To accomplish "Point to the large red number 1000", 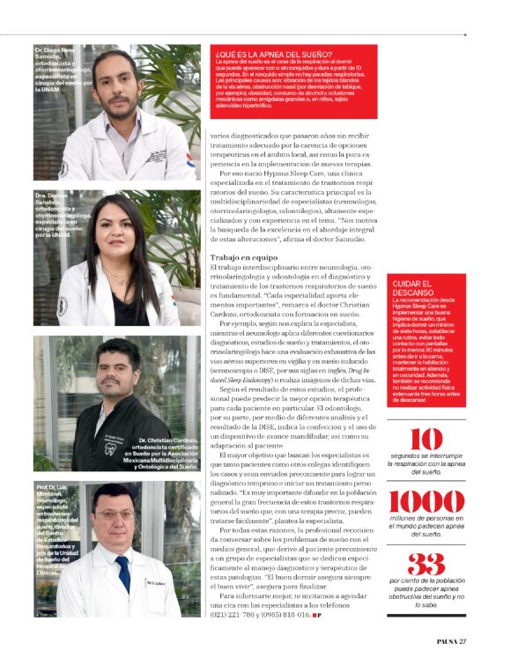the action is (426, 502).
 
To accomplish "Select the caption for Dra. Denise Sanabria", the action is (60, 215).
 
